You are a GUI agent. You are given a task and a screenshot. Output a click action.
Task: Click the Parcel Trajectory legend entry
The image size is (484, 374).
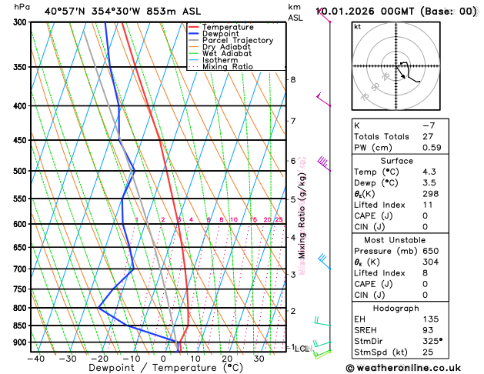click(237, 40)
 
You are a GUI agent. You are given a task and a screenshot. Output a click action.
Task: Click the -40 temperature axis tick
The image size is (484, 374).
click(35, 358)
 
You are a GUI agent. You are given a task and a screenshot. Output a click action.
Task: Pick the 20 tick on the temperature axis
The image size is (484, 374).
click(227, 358)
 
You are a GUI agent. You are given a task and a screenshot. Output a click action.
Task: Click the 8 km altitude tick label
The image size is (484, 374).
click(293, 79)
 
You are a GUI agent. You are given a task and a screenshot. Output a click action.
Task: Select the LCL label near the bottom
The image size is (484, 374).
click(302, 349)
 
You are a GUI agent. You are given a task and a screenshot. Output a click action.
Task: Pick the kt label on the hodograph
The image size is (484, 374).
click(358, 26)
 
